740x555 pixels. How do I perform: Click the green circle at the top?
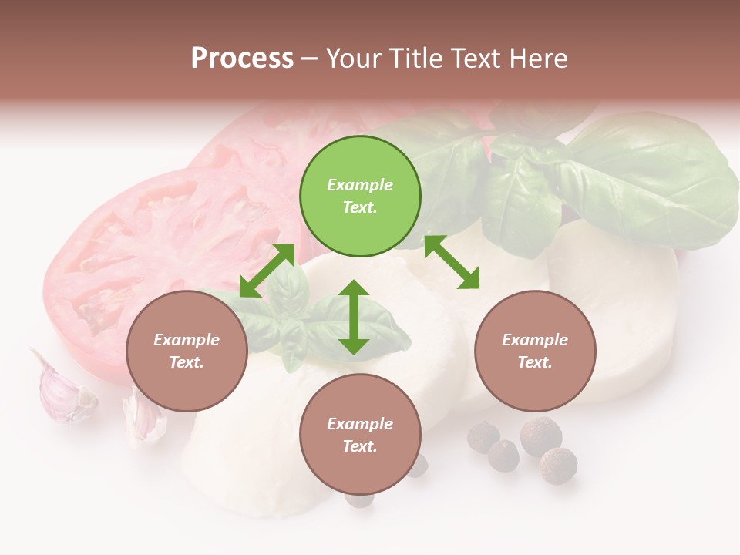pos(360,197)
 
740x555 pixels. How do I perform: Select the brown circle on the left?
pos(187,351)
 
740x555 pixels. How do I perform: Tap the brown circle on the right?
pos(535,351)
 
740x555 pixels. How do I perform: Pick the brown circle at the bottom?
pos(360,435)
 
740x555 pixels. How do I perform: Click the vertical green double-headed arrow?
pos(354,317)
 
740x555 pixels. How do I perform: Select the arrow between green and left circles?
pos(267,271)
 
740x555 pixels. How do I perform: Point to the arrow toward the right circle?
pos(452,262)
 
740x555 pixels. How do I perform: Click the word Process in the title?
pos(242,58)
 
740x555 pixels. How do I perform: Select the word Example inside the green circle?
pos(360,185)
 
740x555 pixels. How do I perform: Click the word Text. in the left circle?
pos(187,362)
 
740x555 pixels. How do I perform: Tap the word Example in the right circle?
pos(535,340)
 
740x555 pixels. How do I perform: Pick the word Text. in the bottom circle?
pos(360,446)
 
